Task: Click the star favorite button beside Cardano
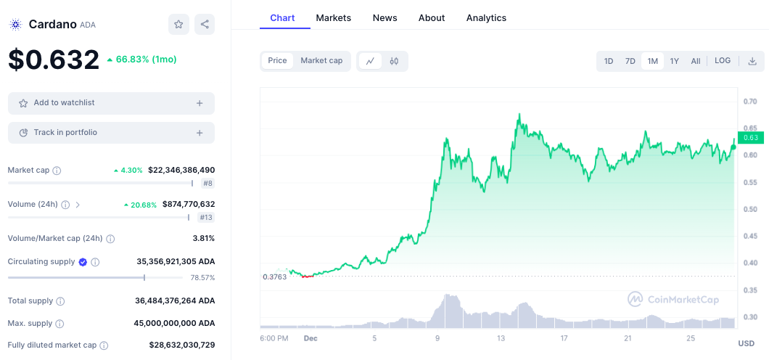coord(178,24)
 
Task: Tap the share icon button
coord(205,24)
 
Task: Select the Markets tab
coord(334,17)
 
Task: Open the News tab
coord(384,17)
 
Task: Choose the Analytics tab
coord(486,17)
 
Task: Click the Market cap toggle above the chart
coord(321,61)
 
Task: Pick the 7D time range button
coord(630,61)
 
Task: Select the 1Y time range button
coord(674,61)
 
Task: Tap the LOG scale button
coord(723,61)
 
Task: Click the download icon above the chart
coord(752,61)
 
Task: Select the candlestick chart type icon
coord(394,61)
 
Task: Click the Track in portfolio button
coord(111,133)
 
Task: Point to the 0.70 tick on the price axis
coord(750,102)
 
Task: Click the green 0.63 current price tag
coord(750,138)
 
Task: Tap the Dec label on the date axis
coord(311,338)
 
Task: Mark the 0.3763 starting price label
coord(274,277)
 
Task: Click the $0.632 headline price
coord(54,60)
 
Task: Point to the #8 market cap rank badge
coord(207,184)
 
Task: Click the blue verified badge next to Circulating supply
coord(83,262)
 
